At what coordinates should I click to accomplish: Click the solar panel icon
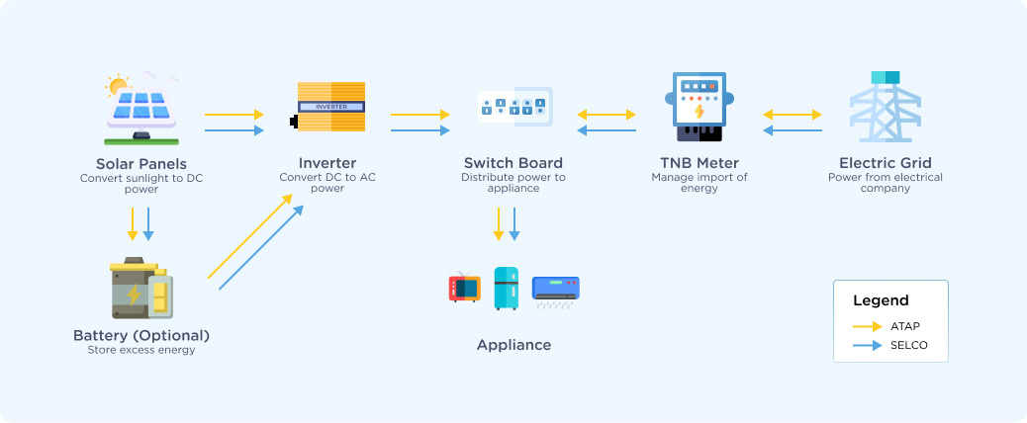pyautogui.click(x=141, y=111)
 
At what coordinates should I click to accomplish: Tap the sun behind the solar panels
pyautogui.click(x=118, y=87)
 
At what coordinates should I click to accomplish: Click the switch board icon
pyautogui.click(x=513, y=107)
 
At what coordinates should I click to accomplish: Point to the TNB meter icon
pyautogui.click(x=700, y=107)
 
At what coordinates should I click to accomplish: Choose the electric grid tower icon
pyautogui.click(x=885, y=107)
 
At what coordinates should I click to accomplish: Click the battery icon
pyautogui.click(x=140, y=289)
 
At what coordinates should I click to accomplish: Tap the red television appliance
pyautogui.click(x=464, y=288)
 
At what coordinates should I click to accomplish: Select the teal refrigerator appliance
pyautogui.click(x=506, y=288)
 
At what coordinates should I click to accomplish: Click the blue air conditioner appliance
pyautogui.click(x=556, y=289)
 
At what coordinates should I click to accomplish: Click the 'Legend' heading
pyautogui.click(x=881, y=300)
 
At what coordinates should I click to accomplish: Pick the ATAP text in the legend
pyautogui.click(x=905, y=325)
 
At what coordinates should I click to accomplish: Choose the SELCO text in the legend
pyautogui.click(x=908, y=345)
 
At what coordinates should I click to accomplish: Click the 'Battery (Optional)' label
pyautogui.click(x=141, y=335)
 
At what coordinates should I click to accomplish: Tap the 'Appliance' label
pyautogui.click(x=513, y=345)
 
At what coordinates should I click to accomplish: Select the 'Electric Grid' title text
pyautogui.click(x=885, y=163)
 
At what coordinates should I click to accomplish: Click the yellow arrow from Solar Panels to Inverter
pyautogui.click(x=234, y=115)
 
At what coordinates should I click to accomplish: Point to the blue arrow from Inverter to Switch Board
pyautogui.click(x=420, y=130)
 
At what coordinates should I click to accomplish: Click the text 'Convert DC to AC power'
pyautogui.click(x=327, y=183)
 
